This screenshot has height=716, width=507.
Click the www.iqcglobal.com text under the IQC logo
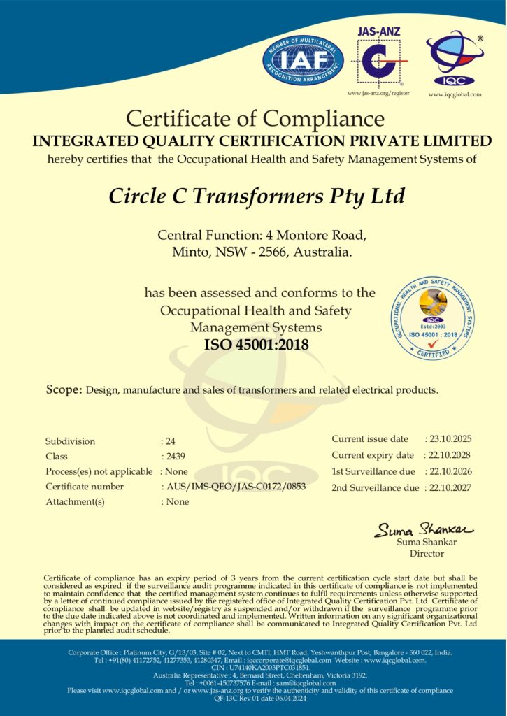(455, 94)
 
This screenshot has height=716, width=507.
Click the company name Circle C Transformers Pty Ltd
(257, 196)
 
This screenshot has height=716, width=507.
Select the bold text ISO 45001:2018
(256, 344)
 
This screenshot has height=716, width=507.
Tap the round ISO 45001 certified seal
(433, 318)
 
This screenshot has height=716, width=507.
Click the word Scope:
(64, 389)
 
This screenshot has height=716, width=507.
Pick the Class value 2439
(174, 456)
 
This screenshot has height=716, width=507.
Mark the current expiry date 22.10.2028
(451, 455)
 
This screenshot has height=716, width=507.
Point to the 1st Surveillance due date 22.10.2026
(451, 471)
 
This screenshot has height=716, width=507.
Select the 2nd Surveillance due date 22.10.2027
(451, 487)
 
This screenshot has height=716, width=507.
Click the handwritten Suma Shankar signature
(424, 529)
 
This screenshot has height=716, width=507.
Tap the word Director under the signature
(427, 554)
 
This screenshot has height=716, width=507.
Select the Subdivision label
(70, 441)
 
